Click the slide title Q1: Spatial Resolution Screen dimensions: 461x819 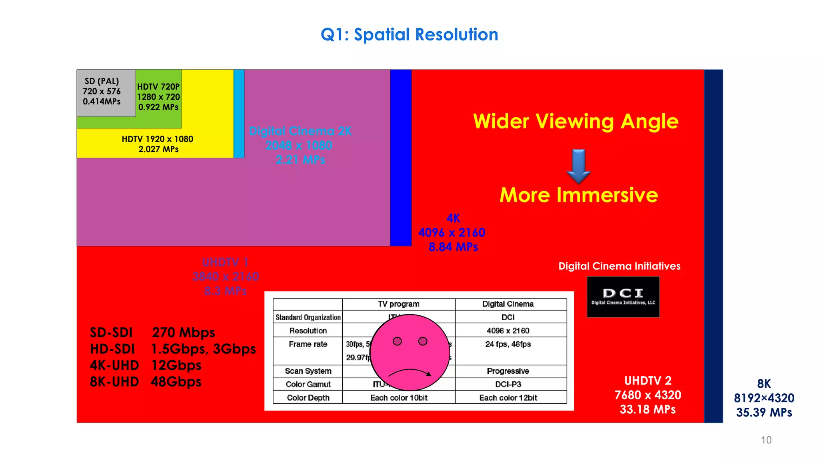(409, 34)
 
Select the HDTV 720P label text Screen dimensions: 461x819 (158, 87)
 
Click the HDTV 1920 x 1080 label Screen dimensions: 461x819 (158, 139)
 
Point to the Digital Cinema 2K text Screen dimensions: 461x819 (300, 131)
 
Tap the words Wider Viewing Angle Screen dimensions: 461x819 (575, 121)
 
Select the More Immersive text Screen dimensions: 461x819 (578, 195)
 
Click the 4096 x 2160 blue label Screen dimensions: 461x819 (451, 233)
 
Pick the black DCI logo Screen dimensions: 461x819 (623, 297)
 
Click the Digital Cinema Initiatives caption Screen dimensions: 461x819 (619, 266)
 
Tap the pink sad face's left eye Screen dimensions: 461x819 (397, 341)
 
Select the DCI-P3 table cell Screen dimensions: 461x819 (508, 384)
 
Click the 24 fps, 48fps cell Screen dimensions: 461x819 (508, 344)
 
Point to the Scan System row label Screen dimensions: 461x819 (308, 371)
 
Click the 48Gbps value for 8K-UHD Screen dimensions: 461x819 (176, 382)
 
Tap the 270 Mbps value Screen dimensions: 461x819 (184, 333)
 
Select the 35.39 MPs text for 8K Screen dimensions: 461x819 (764, 413)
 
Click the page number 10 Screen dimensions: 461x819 (766, 440)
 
